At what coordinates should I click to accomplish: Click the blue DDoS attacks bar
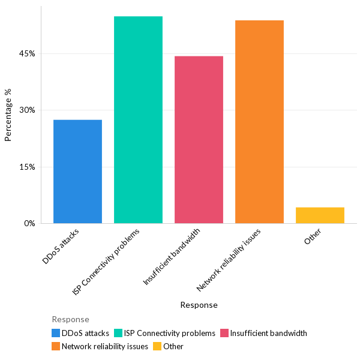coord(77,172)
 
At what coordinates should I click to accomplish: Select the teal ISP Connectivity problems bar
coord(138,120)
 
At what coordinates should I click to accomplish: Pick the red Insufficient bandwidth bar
coord(199,140)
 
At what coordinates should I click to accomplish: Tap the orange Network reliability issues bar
coord(259,122)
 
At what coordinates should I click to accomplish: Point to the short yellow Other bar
coord(320,215)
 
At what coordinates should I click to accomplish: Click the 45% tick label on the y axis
coord(27,53)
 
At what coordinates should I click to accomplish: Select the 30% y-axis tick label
coord(27,110)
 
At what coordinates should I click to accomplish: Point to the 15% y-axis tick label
coord(27,167)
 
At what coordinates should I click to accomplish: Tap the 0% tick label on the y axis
coord(29,223)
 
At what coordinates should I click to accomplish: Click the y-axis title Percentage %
coord(8,115)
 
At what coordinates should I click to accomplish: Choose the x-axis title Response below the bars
coord(199,305)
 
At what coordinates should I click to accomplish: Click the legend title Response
coord(70,319)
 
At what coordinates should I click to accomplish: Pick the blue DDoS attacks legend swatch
coord(56,333)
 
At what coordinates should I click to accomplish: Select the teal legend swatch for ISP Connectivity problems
coord(118,333)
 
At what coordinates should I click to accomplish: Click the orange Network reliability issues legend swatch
coord(56,346)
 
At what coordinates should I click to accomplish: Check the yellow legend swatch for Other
coord(157,346)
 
